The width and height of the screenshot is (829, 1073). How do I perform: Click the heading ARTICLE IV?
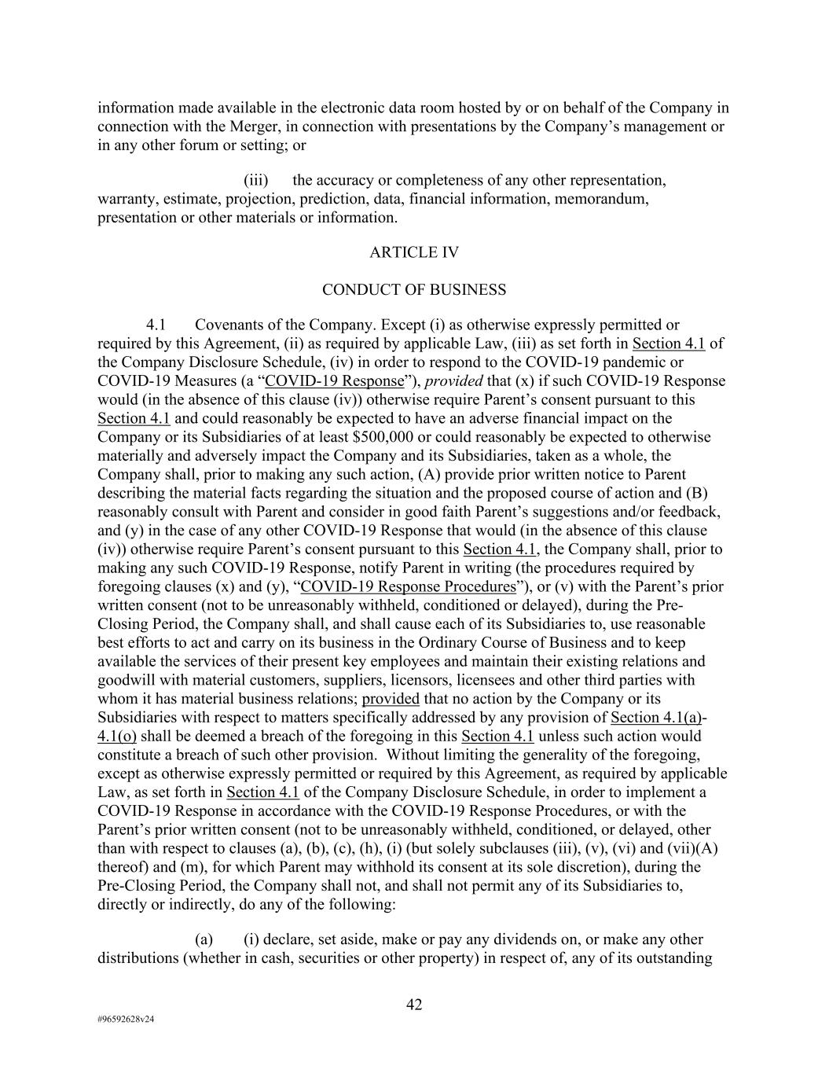pyautogui.click(x=414, y=252)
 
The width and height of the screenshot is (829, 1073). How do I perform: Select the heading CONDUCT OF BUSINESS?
pyautogui.click(x=414, y=290)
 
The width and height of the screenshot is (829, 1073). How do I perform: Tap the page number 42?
pyautogui.click(x=414, y=1005)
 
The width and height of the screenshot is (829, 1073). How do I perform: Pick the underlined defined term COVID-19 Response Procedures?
pyautogui.click(x=408, y=586)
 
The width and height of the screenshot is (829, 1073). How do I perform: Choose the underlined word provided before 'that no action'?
pyautogui.click(x=391, y=699)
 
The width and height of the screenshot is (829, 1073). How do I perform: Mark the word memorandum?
pyautogui.click(x=601, y=199)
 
